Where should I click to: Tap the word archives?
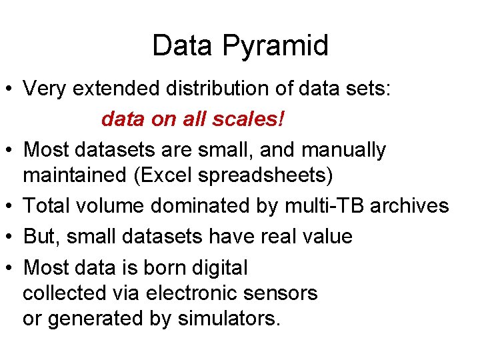tap(409, 206)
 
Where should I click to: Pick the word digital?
tap(213, 268)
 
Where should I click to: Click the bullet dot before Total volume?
tap(10, 207)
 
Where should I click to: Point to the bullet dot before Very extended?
tap(10, 89)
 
